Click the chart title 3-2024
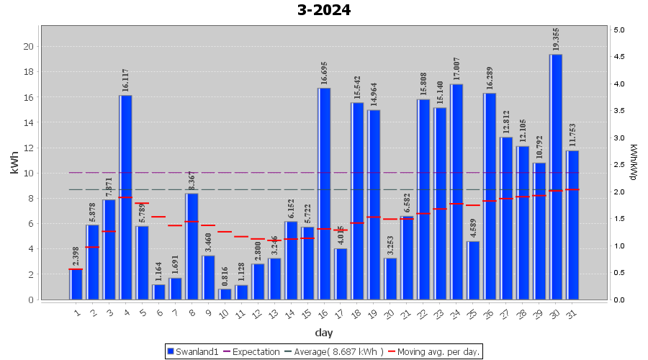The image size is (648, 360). point(324,10)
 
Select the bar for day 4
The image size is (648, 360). point(125,197)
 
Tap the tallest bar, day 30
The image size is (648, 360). point(556,176)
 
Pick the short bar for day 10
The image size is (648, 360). point(225,294)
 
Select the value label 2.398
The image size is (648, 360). point(76,256)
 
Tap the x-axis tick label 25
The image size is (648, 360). point(472,312)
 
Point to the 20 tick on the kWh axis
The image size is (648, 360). point(29,46)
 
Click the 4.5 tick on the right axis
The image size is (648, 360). point(619,57)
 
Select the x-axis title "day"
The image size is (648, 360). point(324,333)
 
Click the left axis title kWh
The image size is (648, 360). point(14,163)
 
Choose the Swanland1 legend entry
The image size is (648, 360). point(192,351)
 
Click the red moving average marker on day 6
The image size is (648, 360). point(158,217)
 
